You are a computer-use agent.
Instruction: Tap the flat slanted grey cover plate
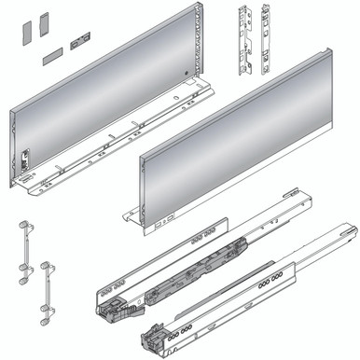(52, 53)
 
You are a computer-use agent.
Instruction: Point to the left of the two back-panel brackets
(246, 42)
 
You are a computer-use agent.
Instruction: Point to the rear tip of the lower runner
(349, 228)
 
